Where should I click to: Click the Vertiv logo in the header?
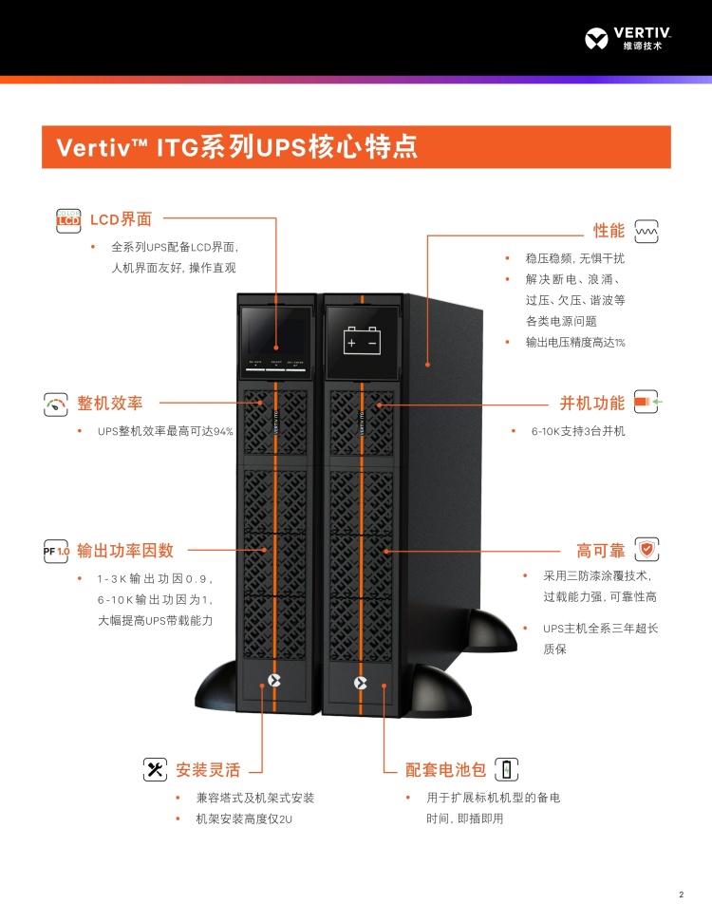[629, 39]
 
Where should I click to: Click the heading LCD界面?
[121, 219]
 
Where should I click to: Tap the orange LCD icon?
[69, 219]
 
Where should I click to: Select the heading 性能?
[609, 231]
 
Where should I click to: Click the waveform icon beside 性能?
[646, 231]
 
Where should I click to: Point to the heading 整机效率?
[110, 404]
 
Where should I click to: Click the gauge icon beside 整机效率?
[56, 405]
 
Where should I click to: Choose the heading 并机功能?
[592, 404]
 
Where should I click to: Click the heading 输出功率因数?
[125, 550]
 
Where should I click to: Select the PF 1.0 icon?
[57, 551]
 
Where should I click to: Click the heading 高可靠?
[601, 551]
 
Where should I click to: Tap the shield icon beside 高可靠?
[646, 550]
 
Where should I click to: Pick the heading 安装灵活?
[208, 769]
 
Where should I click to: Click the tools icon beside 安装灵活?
[155, 769]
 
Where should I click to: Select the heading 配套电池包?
[446, 769]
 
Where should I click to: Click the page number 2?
[681, 894]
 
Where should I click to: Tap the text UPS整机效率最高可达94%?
[165, 431]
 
